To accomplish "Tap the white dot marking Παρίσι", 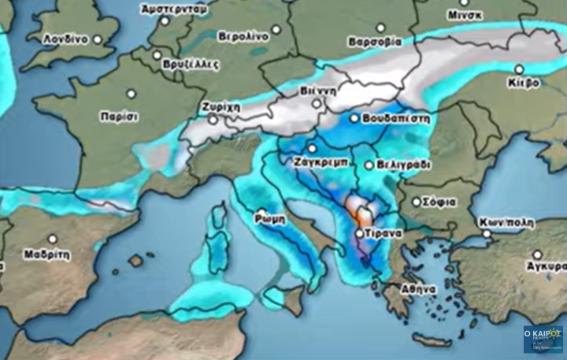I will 132,94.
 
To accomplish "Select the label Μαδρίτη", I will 47,255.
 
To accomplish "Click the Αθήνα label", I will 419,289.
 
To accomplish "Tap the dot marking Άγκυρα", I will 537,254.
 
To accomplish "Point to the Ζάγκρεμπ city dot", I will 312,148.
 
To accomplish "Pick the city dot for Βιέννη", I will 317,103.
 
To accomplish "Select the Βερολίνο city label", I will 243,36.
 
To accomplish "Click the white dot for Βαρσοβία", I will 380,28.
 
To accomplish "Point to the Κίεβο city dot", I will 519,69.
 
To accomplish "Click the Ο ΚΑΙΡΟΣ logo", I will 543,339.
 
